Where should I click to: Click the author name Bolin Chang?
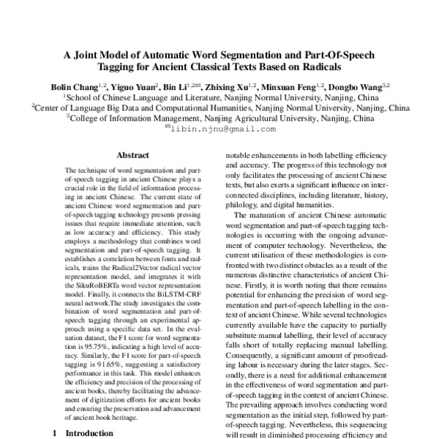pyautogui.click(x=76, y=86)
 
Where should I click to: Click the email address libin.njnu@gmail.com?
pyautogui.click(x=223, y=129)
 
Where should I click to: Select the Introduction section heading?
pyautogui.click(x=89, y=433)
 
